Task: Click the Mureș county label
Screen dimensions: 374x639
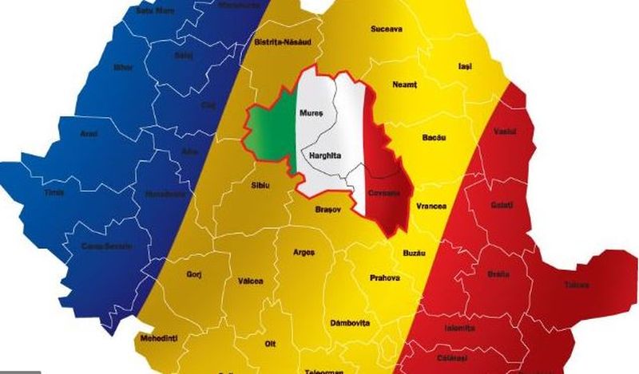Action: click(x=310, y=115)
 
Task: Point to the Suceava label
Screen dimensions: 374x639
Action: click(x=387, y=30)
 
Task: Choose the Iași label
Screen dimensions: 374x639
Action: click(x=464, y=66)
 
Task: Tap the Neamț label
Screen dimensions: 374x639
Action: click(x=405, y=84)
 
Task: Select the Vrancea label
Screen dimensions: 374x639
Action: click(x=431, y=206)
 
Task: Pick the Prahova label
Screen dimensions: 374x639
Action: click(x=384, y=278)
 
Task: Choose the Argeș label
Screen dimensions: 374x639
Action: click(x=304, y=252)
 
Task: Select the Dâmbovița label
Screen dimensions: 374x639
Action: click(x=350, y=323)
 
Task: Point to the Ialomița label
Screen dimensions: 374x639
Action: click(x=459, y=328)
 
